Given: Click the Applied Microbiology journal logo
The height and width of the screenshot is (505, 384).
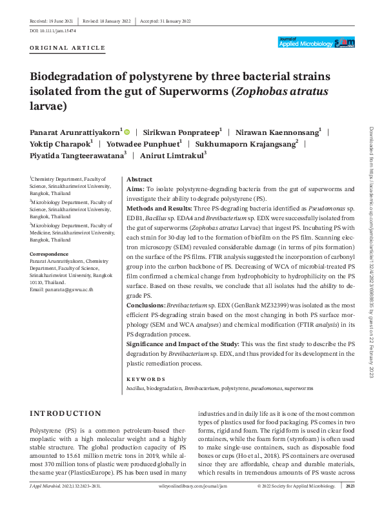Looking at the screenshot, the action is point(317,42).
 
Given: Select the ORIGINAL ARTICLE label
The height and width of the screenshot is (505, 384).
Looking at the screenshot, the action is point(67,48).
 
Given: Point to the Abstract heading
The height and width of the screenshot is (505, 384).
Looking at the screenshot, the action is point(139,179).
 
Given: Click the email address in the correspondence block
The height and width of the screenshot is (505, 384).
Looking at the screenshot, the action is point(61,290).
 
